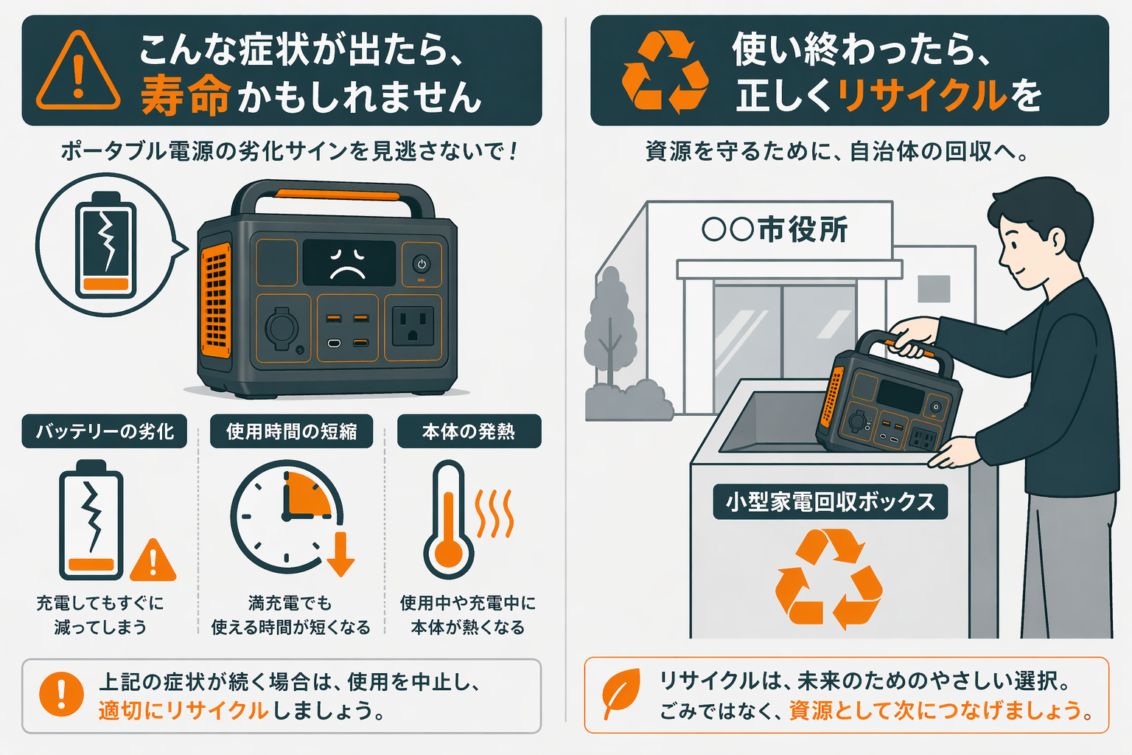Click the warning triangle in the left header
(78, 72)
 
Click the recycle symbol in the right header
(664, 72)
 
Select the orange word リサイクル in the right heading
(921, 95)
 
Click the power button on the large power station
(422, 265)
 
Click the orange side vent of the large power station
(215, 301)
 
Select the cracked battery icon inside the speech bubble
(106, 244)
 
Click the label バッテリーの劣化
(105, 431)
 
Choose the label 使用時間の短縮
(291, 431)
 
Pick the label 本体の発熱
(469, 431)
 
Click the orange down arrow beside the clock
(340, 555)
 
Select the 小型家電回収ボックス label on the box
(830, 502)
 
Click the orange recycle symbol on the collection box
(828, 579)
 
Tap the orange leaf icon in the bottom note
(621, 694)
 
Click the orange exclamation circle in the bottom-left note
(61, 694)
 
